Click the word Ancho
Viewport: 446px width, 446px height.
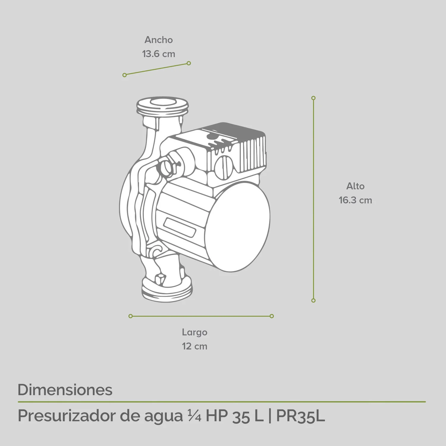158,40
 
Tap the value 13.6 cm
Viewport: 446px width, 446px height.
158,54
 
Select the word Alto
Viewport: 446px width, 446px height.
355,186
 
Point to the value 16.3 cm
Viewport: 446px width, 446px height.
355,200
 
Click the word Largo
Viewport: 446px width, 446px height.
194,332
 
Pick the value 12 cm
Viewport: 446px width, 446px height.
194,346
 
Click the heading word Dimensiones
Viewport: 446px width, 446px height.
65,390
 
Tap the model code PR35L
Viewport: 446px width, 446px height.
300,416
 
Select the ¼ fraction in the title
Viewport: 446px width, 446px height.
194,416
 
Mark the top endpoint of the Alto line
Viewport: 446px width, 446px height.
313,98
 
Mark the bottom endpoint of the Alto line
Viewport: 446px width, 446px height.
313,301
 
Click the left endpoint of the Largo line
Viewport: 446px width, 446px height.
131,316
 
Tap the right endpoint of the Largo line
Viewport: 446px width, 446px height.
272,316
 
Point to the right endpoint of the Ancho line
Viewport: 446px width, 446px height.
189,63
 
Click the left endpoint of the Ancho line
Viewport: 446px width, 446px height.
125,75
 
